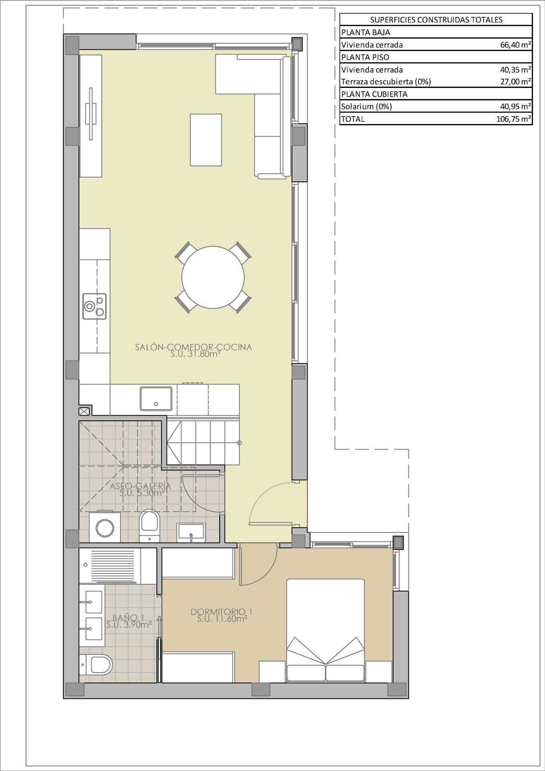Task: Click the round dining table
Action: click(x=213, y=277)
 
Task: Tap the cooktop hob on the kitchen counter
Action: click(x=95, y=306)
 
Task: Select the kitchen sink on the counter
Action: click(x=156, y=398)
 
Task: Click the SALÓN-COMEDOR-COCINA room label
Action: click(x=193, y=347)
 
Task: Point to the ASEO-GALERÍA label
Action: click(x=140, y=486)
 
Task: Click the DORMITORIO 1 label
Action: click(x=221, y=612)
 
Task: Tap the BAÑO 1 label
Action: click(x=128, y=618)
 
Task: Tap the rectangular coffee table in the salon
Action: click(x=206, y=140)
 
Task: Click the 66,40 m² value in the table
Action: click(x=516, y=45)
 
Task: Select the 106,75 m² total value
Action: click(x=514, y=119)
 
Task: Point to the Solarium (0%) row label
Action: click(x=366, y=106)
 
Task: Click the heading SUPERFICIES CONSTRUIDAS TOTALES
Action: click(x=436, y=20)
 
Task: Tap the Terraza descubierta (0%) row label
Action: click(x=386, y=82)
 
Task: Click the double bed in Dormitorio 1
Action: click(x=325, y=630)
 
